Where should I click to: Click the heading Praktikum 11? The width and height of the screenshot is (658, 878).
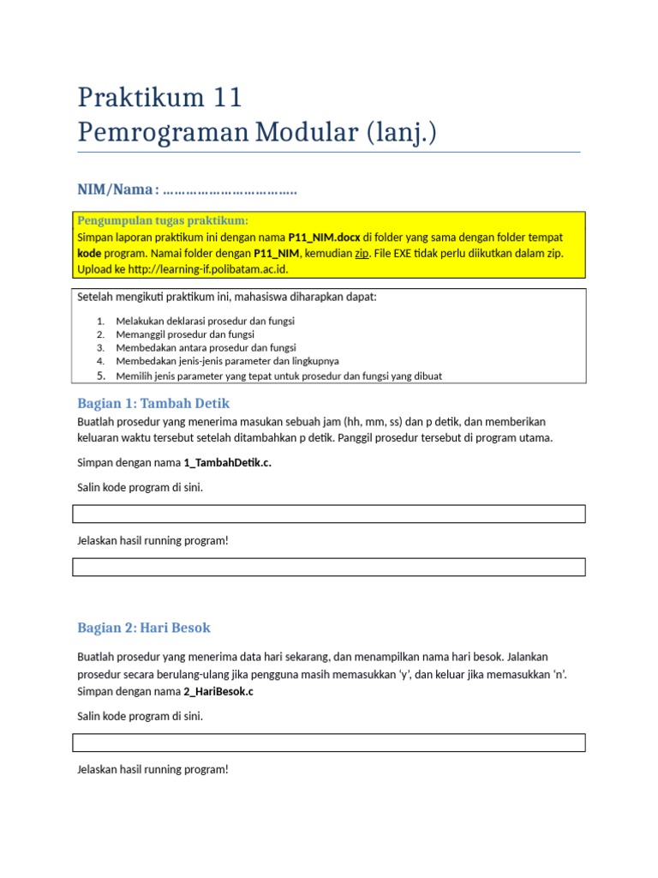[159, 98]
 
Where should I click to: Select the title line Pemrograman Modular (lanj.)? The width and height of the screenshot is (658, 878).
[257, 133]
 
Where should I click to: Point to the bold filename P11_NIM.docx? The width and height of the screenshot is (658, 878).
[324, 237]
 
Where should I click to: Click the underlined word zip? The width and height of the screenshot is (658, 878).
[362, 253]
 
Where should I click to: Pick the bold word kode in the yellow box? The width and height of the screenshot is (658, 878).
[89, 253]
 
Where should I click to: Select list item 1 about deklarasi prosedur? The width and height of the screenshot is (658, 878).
[205, 321]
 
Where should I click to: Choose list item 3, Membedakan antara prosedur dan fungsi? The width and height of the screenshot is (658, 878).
[206, 348]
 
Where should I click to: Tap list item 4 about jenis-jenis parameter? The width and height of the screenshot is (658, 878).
[227, 362]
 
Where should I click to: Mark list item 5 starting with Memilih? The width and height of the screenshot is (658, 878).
[279, 376]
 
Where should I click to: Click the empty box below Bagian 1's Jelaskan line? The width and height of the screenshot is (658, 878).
[329, 567]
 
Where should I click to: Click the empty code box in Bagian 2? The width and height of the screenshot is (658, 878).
[329, 743]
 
